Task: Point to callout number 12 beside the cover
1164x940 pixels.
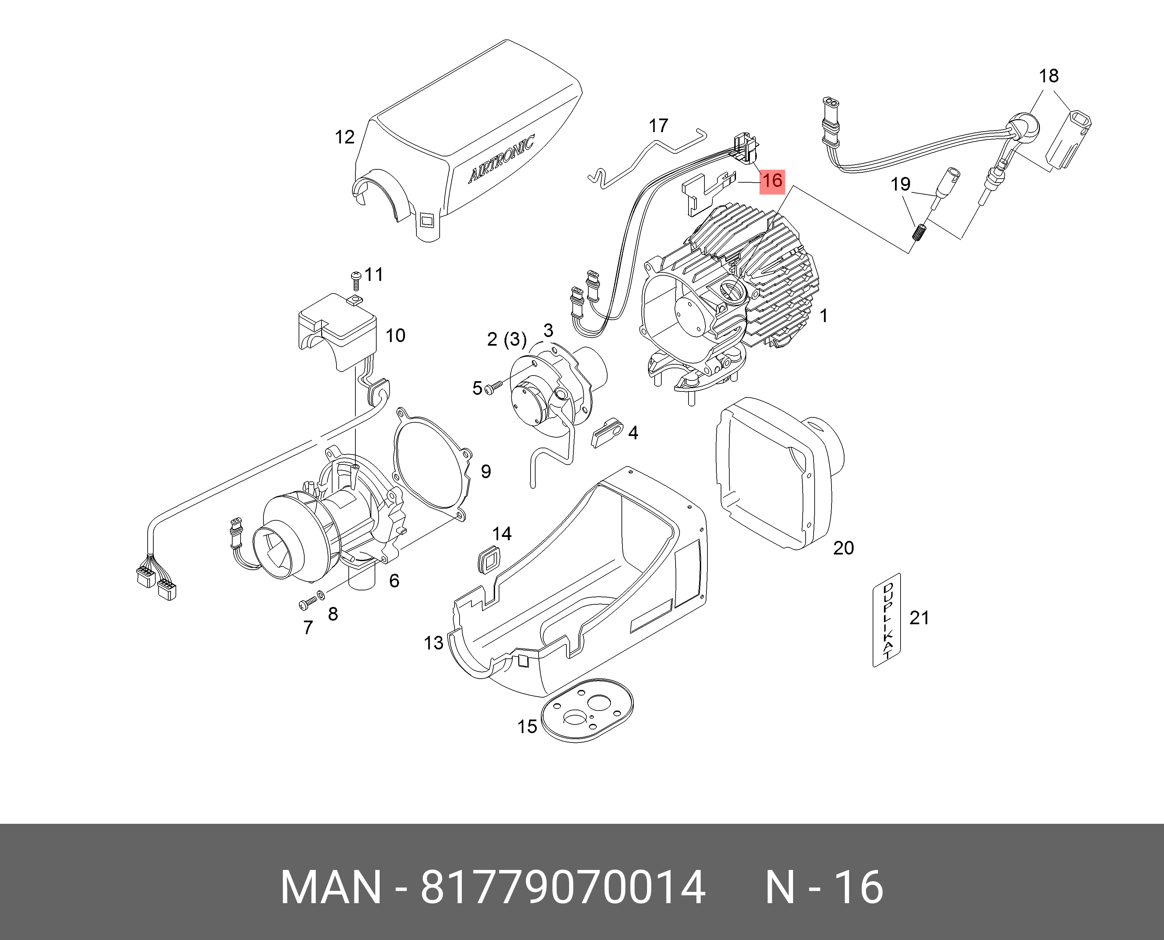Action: pyautogui.click(x=345, y=137)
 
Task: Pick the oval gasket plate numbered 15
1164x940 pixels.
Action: pyautogui.click(x=587, y=711)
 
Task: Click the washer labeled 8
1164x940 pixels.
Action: pyautogui.click(x=321, y=596)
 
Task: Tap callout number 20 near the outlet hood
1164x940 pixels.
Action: pyautogui.click(x=843, y=548)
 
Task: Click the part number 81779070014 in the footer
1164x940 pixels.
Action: pyautogui.click(x=563, y=887)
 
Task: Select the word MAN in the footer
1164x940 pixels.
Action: pyautogui.click(x=330, y=887)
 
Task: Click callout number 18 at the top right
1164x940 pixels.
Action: pyautogui.click(x=1048, y=76)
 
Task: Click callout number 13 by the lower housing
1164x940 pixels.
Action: pyautogui.click(x=433, y=643)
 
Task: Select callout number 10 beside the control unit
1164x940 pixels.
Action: pyautogui.click(x=396, y=336)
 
